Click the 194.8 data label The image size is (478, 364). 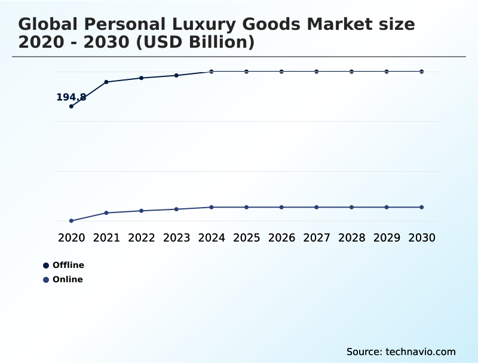(x=71, y=97)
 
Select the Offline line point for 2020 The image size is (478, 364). (x=71, y=106)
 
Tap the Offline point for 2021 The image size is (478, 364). (x=106, y=82)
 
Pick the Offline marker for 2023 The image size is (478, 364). (x=176, y=75)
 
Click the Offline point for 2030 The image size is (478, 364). (x=421, y=72)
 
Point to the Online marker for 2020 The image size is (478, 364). (x=71, y=221)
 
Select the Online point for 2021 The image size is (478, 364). (x=106, y=212)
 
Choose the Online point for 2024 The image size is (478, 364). (x=212, y=207)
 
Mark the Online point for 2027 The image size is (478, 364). (x=317, y=207)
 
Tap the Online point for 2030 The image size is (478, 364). (x=421, y=207)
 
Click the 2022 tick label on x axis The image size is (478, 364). (x=142, y=237)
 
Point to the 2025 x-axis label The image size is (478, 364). (x=246, y=237)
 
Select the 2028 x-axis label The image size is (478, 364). (x=351, y=237)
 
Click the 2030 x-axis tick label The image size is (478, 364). (x=421, y=237)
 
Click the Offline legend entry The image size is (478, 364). (x=68, y=265)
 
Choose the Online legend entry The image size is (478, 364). (x=67, y=279)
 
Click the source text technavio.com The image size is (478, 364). (x=421, y=351)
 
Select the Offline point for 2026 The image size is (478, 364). (x=281, y=72)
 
